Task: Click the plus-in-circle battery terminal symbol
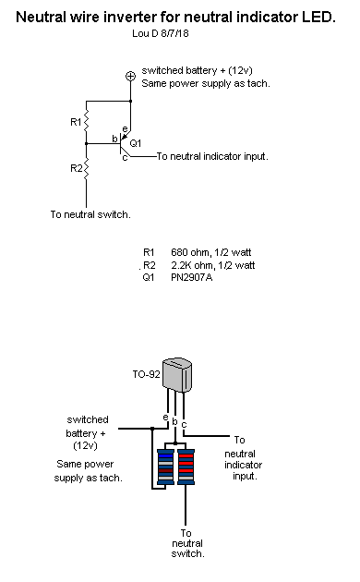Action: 130,76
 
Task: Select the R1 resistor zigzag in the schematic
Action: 86,120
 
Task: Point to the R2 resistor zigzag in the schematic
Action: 86,169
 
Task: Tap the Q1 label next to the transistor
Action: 136,143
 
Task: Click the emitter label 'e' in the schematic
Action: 125,129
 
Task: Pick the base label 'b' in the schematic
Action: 114,139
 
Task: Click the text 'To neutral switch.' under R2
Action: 90,214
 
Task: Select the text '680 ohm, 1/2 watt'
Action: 211,252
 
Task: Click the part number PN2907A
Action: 192,277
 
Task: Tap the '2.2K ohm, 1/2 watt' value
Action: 213,265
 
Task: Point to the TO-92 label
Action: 146,374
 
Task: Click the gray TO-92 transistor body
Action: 177,374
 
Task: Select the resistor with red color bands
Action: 186,467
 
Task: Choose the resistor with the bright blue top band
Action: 165,467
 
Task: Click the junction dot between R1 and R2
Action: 86,143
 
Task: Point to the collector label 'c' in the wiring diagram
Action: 184,424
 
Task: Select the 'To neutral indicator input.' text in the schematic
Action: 212,156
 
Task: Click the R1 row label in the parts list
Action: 149,252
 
